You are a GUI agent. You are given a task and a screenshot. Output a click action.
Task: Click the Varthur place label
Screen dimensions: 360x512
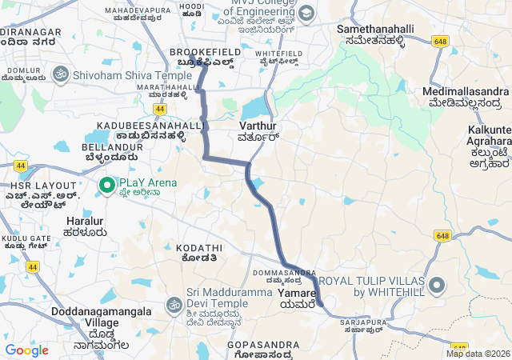coord(258,126)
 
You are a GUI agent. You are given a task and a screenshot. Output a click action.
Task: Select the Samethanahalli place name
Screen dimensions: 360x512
coord(375,29)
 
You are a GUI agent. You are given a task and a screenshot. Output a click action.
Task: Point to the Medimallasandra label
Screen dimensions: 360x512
coord(465,92)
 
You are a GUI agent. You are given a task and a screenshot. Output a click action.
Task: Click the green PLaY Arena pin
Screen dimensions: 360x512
coord(106,186)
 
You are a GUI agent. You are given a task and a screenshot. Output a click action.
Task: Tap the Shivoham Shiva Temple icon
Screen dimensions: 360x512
coord(58,75)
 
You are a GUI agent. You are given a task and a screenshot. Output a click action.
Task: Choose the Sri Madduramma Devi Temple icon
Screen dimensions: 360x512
coord(174,304)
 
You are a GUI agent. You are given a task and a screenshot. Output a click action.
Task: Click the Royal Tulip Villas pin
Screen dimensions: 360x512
coord(437,285)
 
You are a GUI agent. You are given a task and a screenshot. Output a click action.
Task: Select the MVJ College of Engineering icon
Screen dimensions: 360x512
coord(307,13)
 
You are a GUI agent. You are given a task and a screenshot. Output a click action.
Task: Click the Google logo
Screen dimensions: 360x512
coord(26,350)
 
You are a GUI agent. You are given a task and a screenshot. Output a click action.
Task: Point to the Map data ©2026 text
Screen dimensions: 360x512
coord(478,354)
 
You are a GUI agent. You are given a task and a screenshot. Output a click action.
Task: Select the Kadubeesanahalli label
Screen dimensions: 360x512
coord(141,126)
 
